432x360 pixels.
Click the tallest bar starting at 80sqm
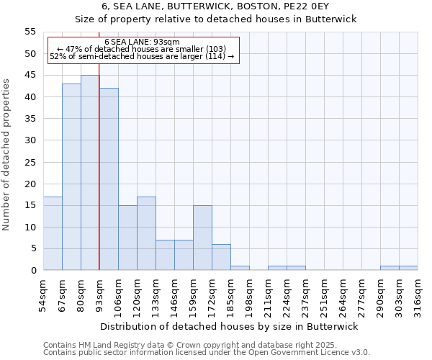tap(90, 173)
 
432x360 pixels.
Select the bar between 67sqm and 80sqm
tap(71, 177)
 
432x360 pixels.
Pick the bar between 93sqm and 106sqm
tap(109, 179)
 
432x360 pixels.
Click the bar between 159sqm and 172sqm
tap(202, 238)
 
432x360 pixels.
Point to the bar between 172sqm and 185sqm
tap(221, 257)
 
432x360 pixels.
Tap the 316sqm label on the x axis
tap(418, 296)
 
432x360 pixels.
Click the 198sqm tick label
tap(250, 296)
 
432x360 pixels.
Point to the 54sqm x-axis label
tap(44, 296)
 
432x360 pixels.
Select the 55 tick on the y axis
tap(30, 32)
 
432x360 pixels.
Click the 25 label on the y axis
tap(30, 162)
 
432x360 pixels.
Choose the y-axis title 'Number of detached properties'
tap(7, 155)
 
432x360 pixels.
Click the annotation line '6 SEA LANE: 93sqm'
tap(142, 42)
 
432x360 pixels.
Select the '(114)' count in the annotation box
tap(215, 56)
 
